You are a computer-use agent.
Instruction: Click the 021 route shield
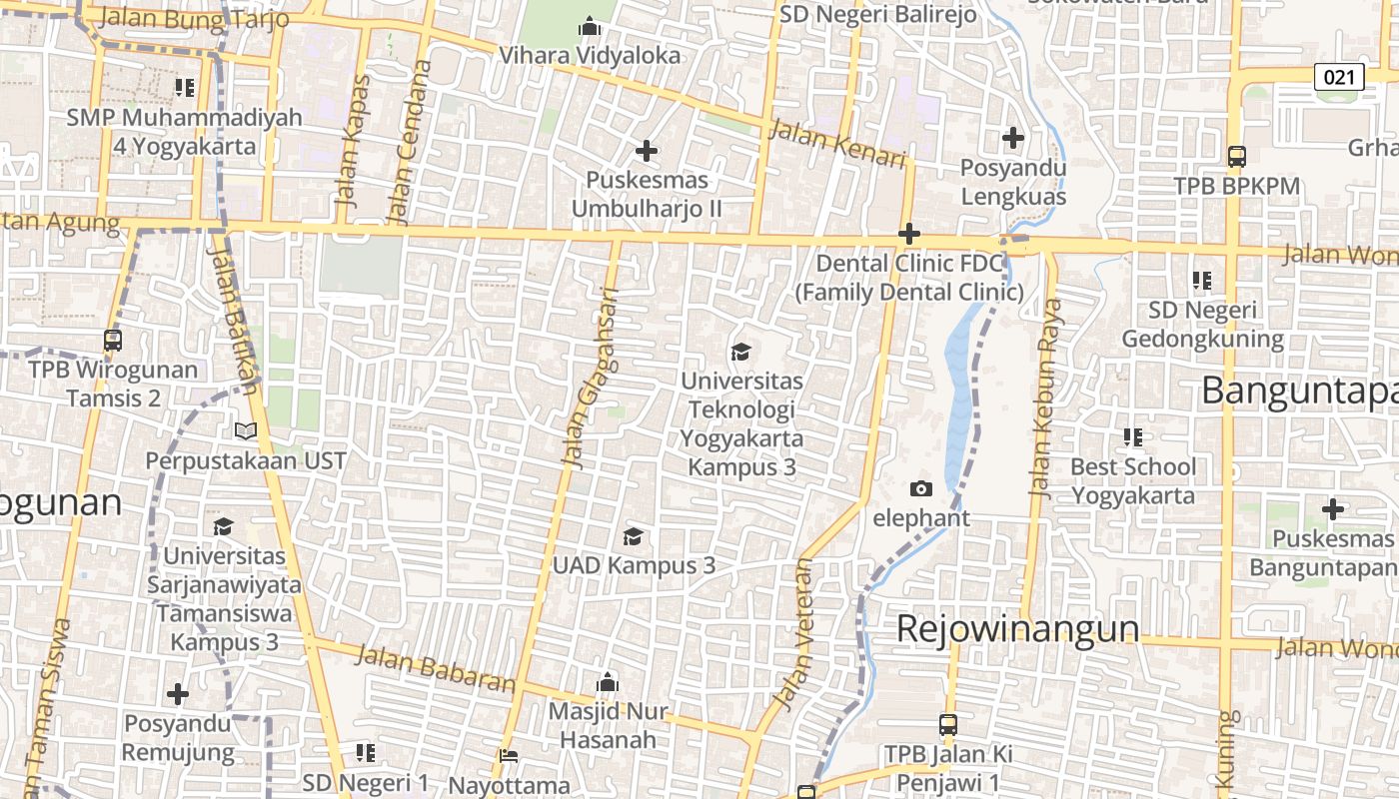coord(1339,77)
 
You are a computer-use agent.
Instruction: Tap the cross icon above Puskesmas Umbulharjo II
coord(647,152)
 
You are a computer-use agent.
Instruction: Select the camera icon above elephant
coord(921,488)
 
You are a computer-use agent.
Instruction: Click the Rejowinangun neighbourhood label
coord(1017,629)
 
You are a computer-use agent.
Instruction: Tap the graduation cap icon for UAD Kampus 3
coord(633,537)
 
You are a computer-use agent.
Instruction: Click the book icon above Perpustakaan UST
coord(245,431)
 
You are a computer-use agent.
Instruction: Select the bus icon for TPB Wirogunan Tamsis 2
coord(113,341)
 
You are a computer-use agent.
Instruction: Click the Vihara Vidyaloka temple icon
coord(590,26)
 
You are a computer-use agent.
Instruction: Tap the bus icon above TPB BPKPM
coord(1236,157)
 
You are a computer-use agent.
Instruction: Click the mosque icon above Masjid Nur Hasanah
coord(607,684)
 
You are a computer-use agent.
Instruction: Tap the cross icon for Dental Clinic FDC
coord(909,235)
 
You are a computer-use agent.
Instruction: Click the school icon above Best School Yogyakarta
coord(1132,437)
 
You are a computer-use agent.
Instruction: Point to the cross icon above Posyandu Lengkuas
coord(1013,137)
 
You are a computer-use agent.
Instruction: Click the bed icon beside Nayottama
coord(509,756)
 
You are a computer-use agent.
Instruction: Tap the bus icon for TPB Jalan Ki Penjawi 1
coord(947,725)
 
